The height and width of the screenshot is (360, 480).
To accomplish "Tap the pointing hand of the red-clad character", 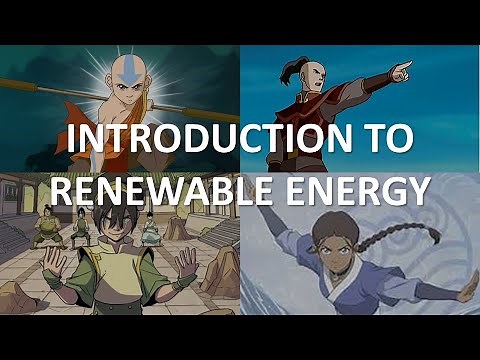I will [x=401, y=71].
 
